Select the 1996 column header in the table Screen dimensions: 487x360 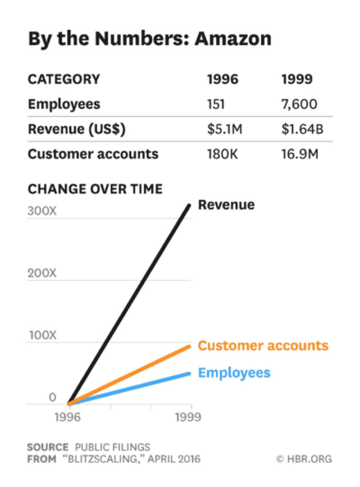click(223, 79)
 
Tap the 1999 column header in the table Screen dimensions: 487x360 click(297, 79)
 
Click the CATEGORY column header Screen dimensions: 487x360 click(64, 79)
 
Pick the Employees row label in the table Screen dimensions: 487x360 click(64, 104)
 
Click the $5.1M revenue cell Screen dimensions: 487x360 click(225, 129)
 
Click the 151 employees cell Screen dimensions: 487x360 click(216, 104)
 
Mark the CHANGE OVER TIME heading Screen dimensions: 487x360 click(95, 189)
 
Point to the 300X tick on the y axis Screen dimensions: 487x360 click(42, 211)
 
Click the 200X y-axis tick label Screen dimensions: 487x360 click(42, 273)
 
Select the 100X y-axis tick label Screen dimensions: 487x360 click(42, 335)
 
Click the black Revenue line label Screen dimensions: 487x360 click(226, 205)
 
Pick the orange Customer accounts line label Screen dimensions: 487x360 click(263, 345)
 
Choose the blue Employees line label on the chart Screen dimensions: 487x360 click(234, 372)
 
